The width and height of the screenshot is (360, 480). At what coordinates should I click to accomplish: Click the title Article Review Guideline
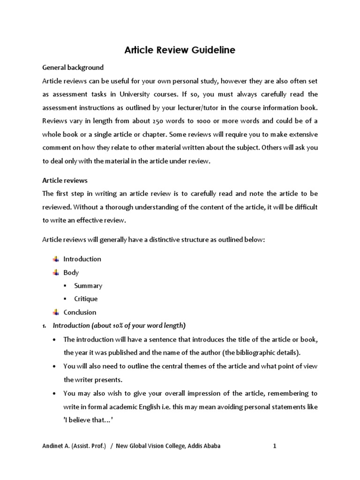[180, 50]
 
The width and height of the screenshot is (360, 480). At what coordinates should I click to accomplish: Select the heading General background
[73, 67]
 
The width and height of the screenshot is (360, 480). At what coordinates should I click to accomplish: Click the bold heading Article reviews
[65, 180]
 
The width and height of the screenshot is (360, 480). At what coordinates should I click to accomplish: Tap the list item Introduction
[82, 259]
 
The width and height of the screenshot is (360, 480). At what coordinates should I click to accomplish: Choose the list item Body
[71, 272]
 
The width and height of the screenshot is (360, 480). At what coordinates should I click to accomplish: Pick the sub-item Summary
[88, 285]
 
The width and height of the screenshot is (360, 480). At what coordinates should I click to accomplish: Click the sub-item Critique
[86, 299]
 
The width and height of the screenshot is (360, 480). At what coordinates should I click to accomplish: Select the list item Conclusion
[80, 312]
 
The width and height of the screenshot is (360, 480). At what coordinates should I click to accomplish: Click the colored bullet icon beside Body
[55, 272]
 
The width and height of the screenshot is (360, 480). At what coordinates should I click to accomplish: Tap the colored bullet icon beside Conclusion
[55, 312]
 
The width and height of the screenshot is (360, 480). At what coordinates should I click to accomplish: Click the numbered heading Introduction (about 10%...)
[119, 325]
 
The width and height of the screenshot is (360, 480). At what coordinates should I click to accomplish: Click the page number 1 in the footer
[275, 446]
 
